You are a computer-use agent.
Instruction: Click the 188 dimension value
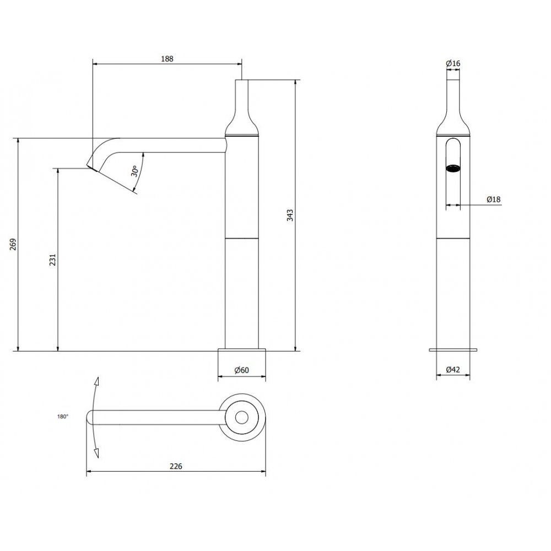click(x=168, y=59)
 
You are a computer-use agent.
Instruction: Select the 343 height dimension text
click(x=290, y=215)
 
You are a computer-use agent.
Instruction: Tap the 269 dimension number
click(x=13, y=244)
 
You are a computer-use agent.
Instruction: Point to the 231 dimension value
click(x=53, y=260)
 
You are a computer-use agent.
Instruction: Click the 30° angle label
click(x=134, y=171)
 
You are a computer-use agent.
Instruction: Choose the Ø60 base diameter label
click(x=242, y=370)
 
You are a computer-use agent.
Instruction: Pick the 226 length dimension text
click(x=176, y=466)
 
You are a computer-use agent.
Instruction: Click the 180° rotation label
click(x=63, y=417)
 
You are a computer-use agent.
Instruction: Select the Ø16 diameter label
click(x=453, y=63)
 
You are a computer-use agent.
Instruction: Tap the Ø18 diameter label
click(x=493, y=199)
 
